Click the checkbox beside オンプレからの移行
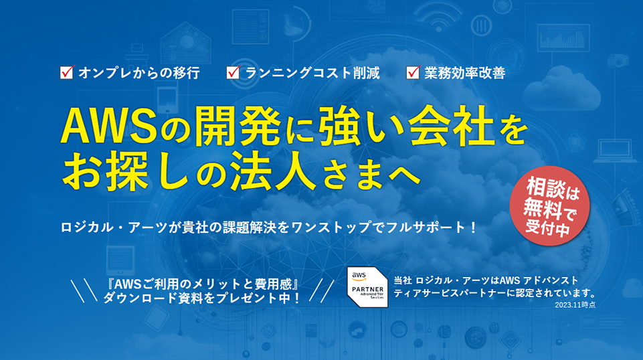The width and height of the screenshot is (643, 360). (x=66, y=73)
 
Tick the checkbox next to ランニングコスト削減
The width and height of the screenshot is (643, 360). (x=234, y=73)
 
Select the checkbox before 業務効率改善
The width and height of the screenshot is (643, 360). (x=413, y=73)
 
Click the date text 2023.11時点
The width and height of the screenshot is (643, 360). (x=575, y=305)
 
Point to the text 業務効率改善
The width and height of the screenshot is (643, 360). (x=464, y=73)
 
